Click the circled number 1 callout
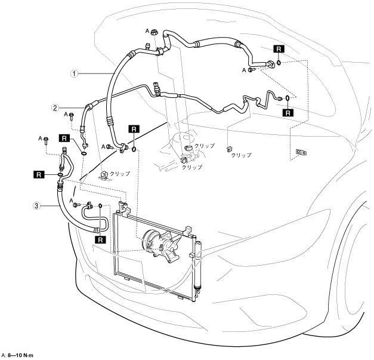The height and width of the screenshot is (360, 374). (x=75, y=74)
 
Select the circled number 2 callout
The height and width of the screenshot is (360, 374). (x=55, y=108)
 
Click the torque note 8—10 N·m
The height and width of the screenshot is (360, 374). (x=20, y=356)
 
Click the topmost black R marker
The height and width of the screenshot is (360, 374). (x=278, y=50)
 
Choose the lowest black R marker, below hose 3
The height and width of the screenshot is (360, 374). (x=100, y=240)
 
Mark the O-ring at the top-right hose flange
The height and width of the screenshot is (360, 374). (x=279, y=62)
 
